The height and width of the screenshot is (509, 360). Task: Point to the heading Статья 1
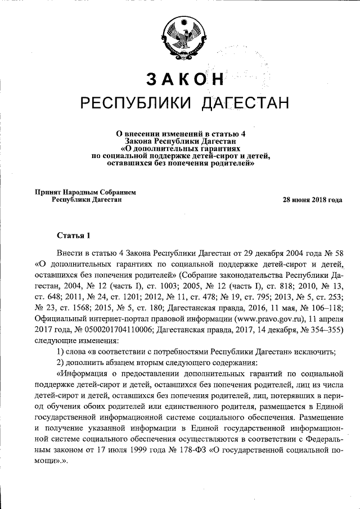pos(73,235)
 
